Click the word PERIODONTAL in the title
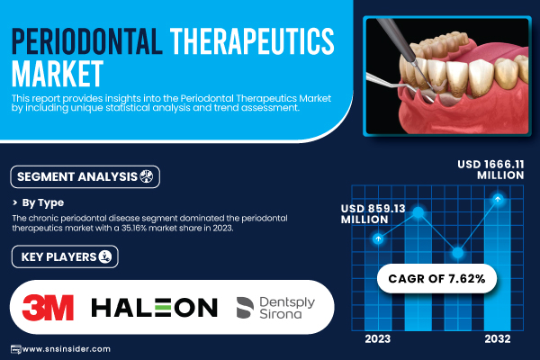click(87, 41)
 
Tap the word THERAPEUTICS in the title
click(252, 41)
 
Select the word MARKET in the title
click(58, 74)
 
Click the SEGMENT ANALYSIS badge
click(85, 176)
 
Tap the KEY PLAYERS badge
click(65, 256)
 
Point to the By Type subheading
click(42, 202)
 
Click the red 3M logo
click(48, 307)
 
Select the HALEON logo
click(154, 307)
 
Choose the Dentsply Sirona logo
click(276, 308)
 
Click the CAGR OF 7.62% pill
click(436, 278)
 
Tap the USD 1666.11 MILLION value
click(490, 169)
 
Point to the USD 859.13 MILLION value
click(373, 214)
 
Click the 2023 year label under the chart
click(378, 339)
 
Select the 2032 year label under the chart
click(498, 339)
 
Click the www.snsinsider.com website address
click(66, 349)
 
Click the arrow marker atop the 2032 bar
click(498, 199)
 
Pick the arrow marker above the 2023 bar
click(378, 238)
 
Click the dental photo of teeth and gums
click(447, 76)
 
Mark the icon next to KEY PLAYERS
click(105, 256)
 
